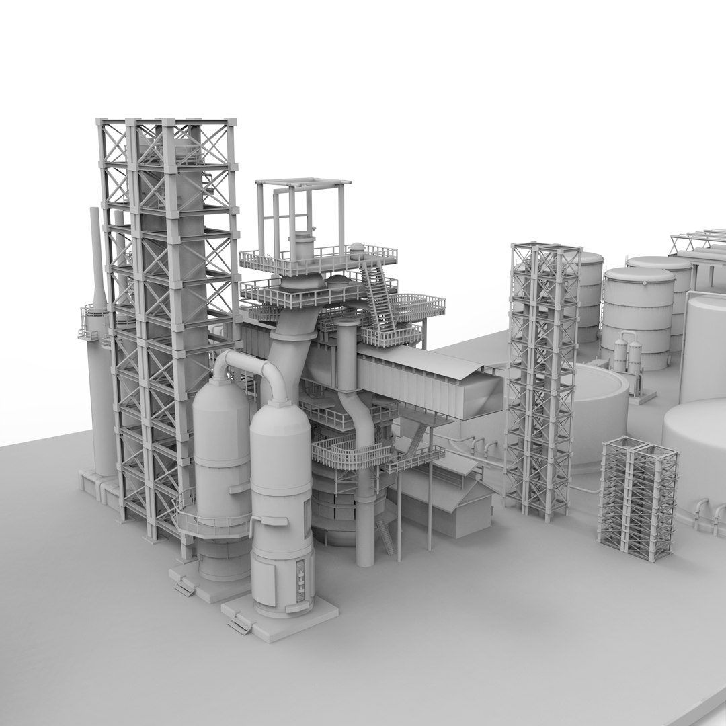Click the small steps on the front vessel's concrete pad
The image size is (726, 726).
[239, 626]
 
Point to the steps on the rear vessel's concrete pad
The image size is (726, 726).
[183, 587]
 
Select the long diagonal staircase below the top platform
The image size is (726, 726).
[378, 296]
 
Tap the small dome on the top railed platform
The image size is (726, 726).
[357, 249]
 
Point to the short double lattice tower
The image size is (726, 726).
[637, 497]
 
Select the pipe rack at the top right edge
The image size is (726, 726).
[699, 242]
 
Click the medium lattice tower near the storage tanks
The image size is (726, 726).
[543, 376]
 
